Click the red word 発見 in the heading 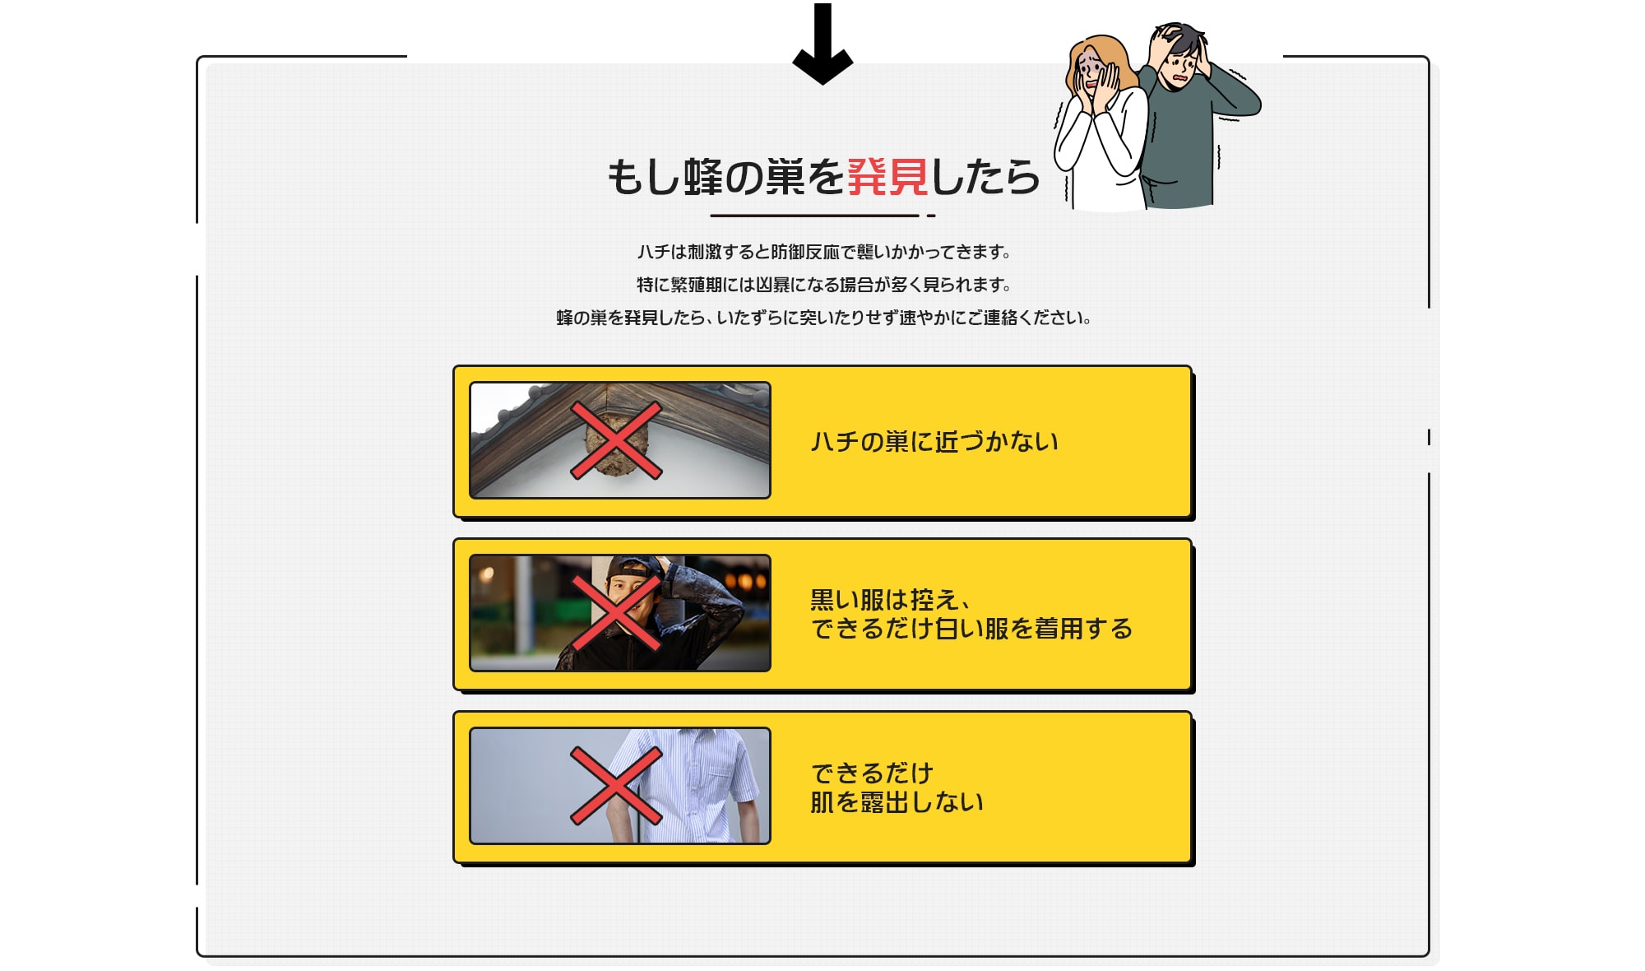(x=888, y=177)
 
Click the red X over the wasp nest (x=616, y=440)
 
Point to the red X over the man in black (x=616, y=613)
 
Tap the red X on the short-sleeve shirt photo (x=616, y=786)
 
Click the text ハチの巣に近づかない (x=934, y=442)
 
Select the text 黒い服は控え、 (x=891, y=599)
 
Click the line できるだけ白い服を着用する (x=971, y=629)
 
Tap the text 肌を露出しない (x=897, y=802)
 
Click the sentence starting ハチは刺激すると (x=824, y=252)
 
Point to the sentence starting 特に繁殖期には (x=824, y=285)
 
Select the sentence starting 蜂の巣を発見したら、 (x=824, y=318)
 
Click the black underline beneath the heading (x=814, y=216)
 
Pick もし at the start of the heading (x=644, y=177)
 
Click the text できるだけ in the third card (x=872, y=773)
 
